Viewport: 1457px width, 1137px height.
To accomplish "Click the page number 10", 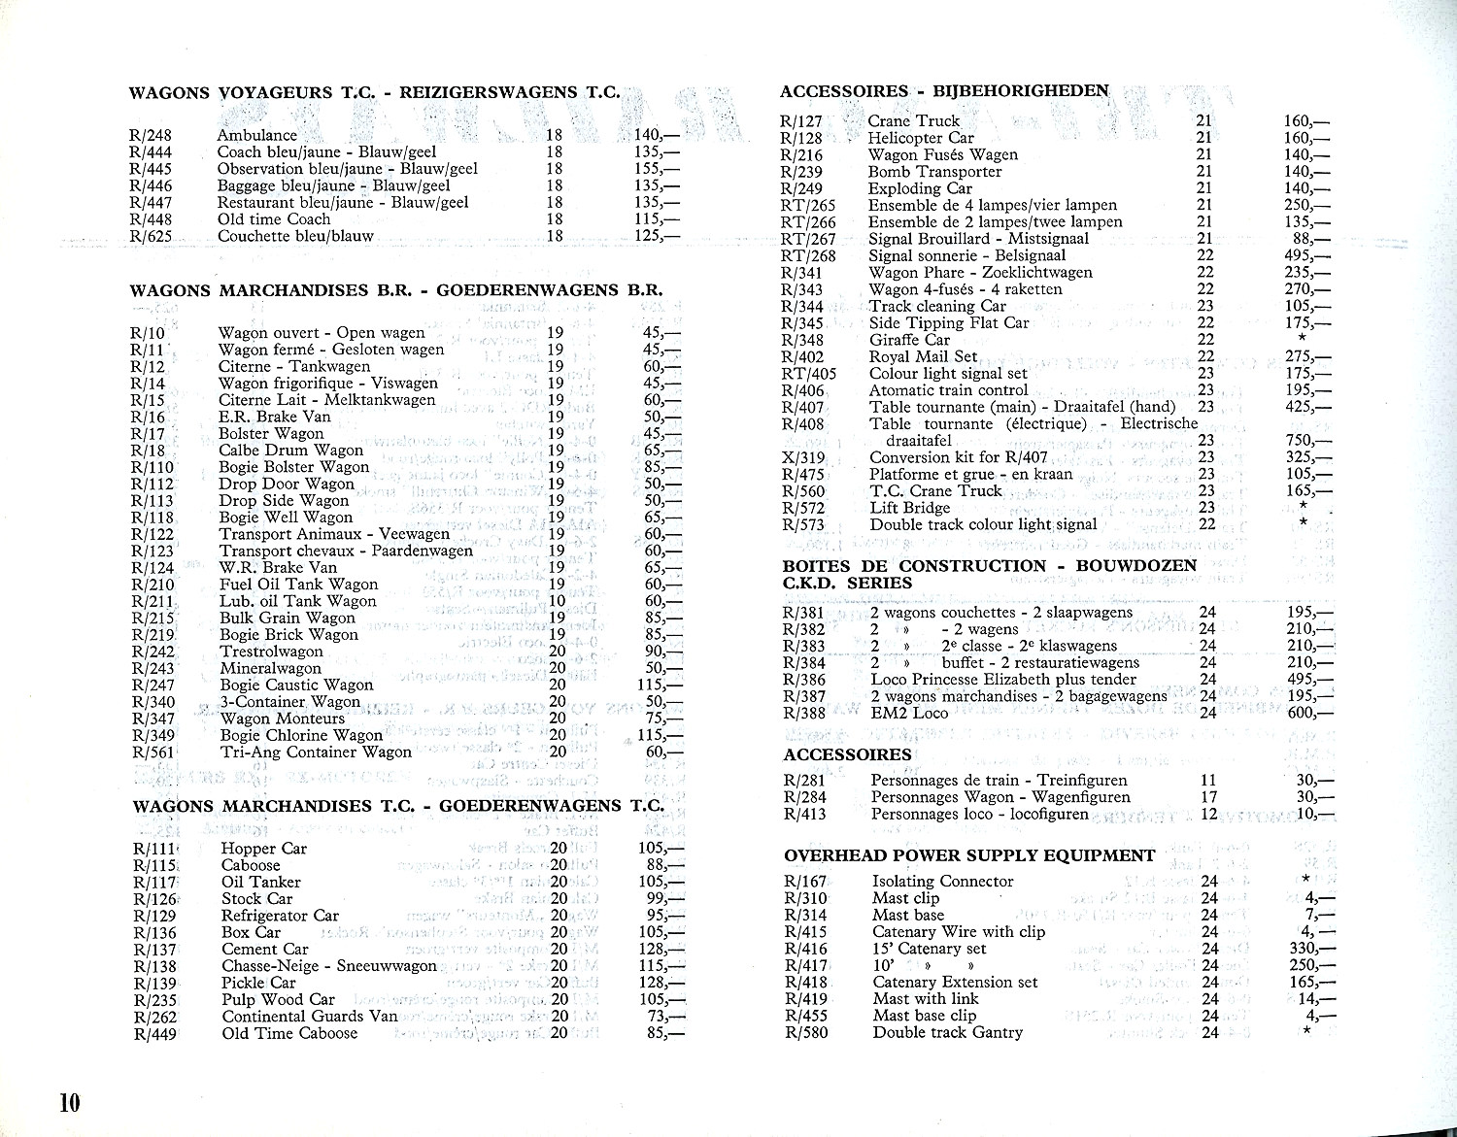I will [68, 1104].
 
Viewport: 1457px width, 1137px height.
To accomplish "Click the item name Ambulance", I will [256, 135].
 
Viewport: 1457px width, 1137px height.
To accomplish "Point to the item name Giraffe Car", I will [909, 340].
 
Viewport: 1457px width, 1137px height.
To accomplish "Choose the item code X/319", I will [803, 457].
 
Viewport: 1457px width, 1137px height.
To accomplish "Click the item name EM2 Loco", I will [909, 713].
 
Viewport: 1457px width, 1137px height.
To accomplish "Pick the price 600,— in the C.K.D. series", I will [1307, 713].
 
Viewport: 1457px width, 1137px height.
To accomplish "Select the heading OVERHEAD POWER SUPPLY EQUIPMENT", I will [969, 855].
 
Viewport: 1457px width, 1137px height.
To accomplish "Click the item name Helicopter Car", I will [921, 138].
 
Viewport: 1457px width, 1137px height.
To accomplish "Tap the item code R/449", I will [154, 1033].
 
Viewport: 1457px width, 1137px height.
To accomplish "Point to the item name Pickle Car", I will [258, 983].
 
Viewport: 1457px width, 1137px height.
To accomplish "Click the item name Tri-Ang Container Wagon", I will [316, 752].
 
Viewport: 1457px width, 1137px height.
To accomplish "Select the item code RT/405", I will [808, 374].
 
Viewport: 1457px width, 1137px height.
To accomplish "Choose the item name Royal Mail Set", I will [923, 356].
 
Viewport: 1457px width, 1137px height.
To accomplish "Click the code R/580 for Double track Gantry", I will [805, 1032].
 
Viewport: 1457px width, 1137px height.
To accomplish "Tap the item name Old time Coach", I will [274, 219].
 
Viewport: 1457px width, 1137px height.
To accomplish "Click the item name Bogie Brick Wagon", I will [288, 635].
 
